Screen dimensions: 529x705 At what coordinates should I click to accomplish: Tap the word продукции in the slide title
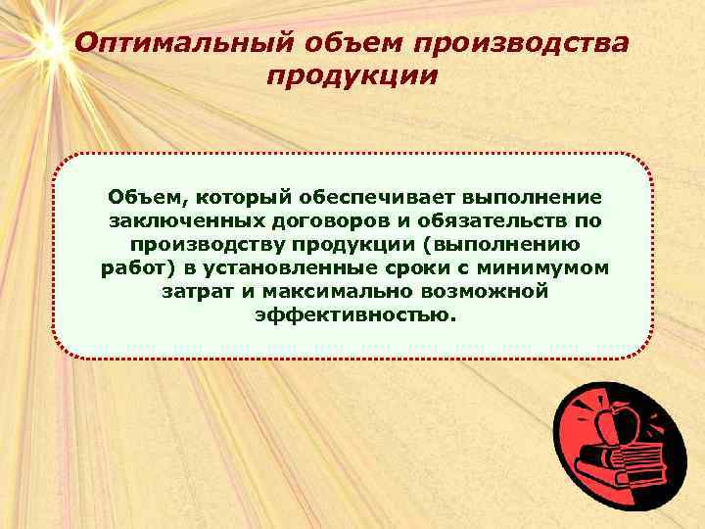352,76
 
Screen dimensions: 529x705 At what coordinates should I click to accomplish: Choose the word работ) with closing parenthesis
136,268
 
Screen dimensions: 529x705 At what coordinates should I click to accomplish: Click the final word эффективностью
354,315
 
